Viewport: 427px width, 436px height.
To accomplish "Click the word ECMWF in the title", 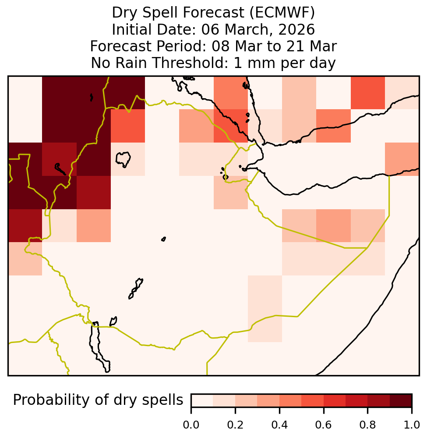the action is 282,13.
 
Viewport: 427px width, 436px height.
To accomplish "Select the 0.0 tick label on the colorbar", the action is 191,425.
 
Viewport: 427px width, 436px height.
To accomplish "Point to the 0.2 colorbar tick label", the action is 235,425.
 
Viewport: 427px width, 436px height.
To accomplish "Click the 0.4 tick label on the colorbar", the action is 279,425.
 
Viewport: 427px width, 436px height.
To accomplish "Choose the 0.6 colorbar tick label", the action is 324,425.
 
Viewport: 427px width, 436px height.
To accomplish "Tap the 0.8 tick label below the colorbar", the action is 367,425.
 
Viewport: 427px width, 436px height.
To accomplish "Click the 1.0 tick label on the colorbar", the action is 412,425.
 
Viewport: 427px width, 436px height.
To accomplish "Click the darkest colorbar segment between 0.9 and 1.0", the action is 401,400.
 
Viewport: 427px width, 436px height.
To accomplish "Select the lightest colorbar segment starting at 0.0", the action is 202,400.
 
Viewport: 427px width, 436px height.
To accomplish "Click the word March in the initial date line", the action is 250,30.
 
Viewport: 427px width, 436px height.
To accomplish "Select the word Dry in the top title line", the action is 124,13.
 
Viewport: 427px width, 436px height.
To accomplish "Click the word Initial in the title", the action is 132,29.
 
